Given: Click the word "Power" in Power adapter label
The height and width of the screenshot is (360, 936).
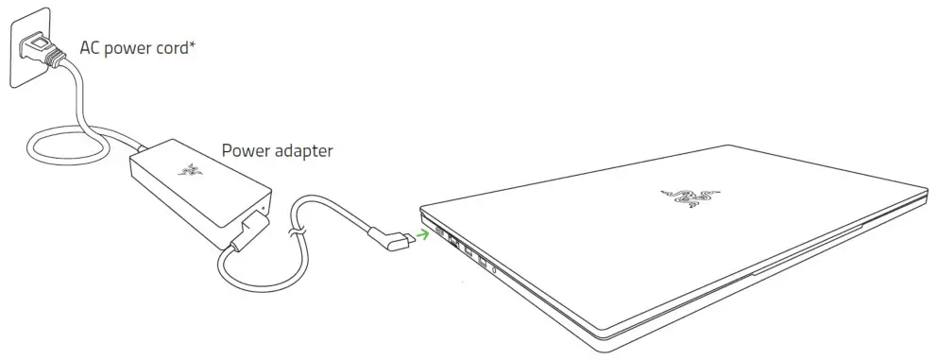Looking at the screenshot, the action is [x=244, y=150].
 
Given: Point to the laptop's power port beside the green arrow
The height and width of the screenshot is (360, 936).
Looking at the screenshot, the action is [x=440, y=232].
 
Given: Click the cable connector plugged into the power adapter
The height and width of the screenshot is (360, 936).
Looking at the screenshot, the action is [x=250, y=230].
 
